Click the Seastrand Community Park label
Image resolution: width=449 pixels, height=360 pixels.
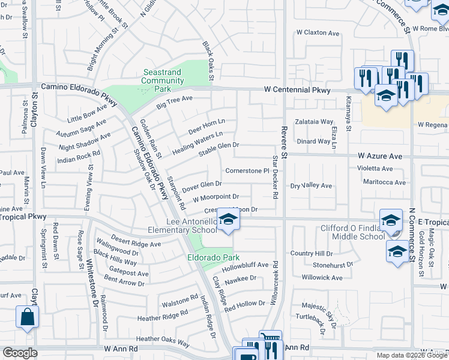[163, 80]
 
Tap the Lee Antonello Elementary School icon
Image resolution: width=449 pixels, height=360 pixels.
[228, 220]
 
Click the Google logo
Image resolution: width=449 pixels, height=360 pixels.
[20, 353]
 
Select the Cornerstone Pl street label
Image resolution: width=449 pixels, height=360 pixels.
[246, 170]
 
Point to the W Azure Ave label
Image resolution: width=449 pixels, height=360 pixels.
[379, 155]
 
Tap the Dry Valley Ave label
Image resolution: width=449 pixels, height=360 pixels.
[311, 186]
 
